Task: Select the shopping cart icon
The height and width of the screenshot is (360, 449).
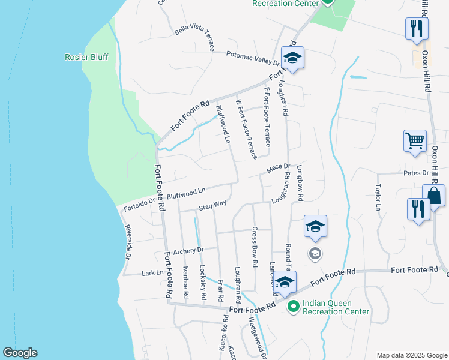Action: [415, 142]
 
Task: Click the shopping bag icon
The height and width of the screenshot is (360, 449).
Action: [433, 196]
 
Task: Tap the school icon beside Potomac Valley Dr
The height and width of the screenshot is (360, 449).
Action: [292, 58]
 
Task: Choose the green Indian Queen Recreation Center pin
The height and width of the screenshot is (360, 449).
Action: [294, 307]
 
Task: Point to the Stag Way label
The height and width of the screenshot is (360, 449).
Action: [212, 205]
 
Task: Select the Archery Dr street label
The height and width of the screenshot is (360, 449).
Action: [188, 250]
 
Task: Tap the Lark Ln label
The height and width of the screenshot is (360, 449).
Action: [152, 273]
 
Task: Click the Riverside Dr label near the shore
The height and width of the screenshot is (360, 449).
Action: [128, 242]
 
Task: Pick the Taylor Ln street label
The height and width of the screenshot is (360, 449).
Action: [379, 197]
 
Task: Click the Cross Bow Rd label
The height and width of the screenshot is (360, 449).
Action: [255, 247]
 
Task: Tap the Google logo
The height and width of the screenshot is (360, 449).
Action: [20, 353]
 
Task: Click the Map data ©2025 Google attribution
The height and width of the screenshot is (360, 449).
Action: [411, 355]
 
